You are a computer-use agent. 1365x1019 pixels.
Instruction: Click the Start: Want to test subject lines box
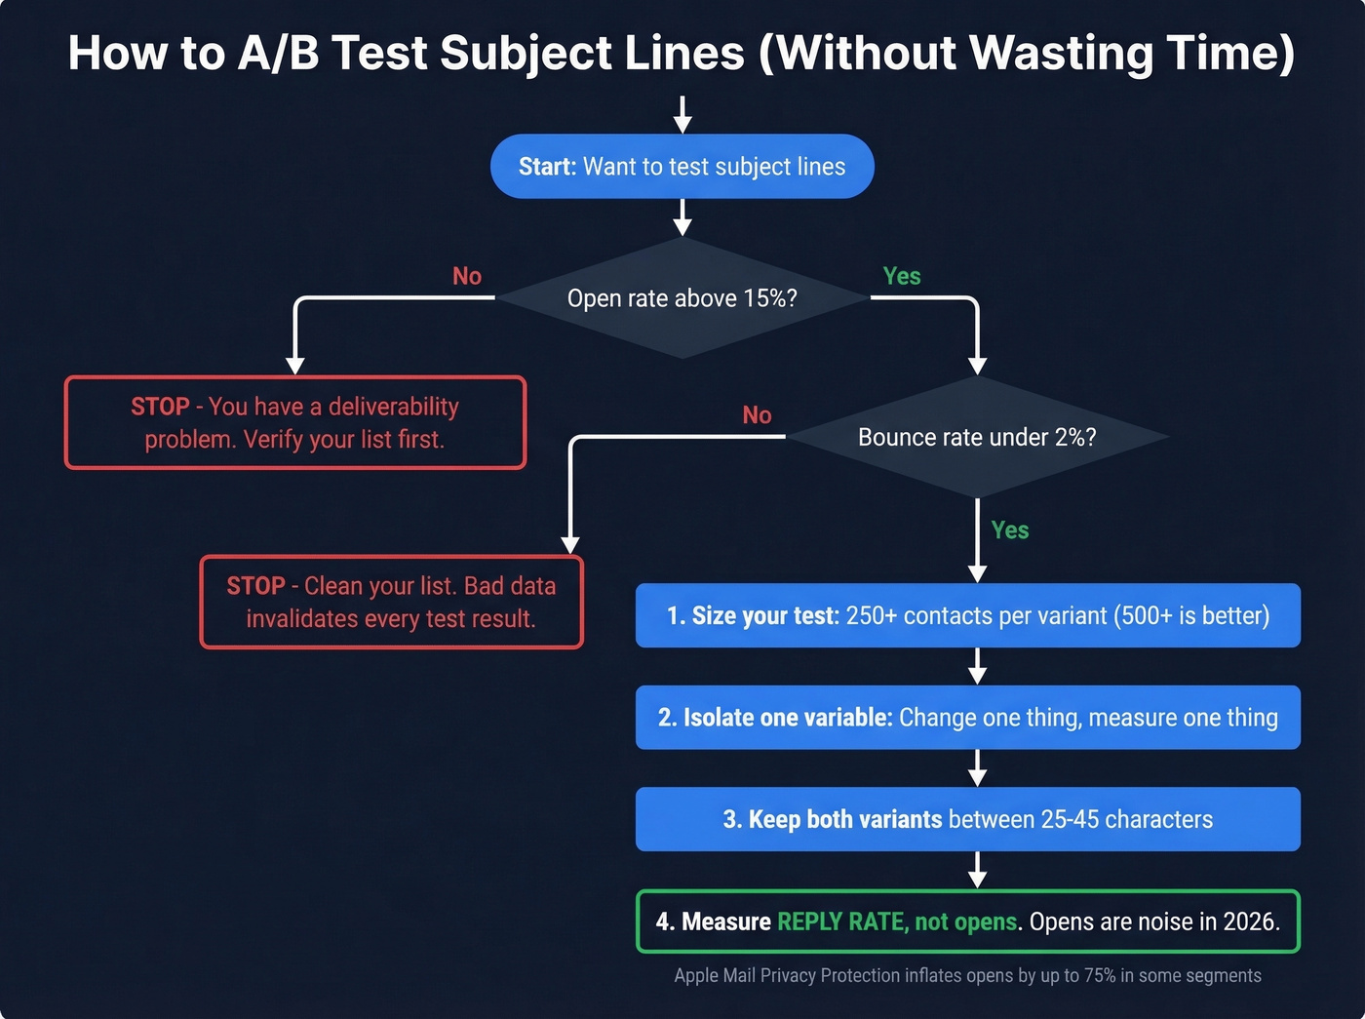[682, 167]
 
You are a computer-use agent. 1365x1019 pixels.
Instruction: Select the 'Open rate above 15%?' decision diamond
[682, 298]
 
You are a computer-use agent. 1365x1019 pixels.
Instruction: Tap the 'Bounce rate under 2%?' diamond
[977, 437]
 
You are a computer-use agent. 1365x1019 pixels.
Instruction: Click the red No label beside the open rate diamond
[467, 277]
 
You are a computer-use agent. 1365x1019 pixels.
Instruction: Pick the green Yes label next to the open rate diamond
[901, 277]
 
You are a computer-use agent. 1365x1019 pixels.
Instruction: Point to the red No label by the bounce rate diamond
[757, 415]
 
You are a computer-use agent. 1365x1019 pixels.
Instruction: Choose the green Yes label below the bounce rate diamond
[1009, 530]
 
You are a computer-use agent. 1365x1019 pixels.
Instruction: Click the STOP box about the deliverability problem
[294, 422]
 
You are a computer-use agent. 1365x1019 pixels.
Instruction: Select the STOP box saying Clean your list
[391, 602]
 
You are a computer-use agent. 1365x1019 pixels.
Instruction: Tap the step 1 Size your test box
[967, 615]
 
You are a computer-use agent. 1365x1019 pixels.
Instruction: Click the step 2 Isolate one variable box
[967, 718]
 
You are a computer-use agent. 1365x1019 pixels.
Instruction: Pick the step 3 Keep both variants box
[967, 819]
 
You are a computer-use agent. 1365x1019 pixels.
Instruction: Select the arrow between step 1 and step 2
[977, 667]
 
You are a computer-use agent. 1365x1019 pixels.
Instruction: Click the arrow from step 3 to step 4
[977, 870]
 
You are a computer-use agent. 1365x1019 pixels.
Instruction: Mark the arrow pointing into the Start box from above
[682, 114]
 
